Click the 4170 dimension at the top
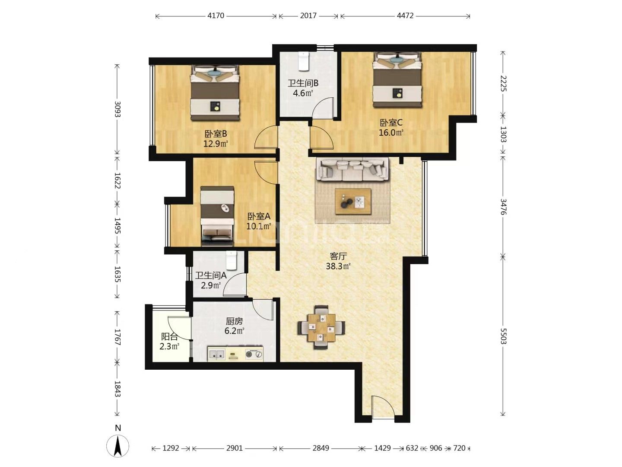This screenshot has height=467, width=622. point(216,16)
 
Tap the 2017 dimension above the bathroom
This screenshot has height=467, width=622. point(308,16)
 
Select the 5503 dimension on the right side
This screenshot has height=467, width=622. point(503,336)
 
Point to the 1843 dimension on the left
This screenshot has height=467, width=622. point(117,389)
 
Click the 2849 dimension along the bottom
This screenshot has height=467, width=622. point(321,448)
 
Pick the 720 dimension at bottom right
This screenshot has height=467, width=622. point(459,448)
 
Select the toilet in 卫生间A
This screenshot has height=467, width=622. point(232,260)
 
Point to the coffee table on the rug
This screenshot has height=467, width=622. point(353,201)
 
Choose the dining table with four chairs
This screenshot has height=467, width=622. point(321,327)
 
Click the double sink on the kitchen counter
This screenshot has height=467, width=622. point(217,354)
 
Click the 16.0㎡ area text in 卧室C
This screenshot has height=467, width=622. point(391,133)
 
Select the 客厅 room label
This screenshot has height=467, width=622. point(338,256)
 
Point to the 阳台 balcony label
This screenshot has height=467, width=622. point(169,336)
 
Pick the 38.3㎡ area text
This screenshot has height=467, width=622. point(338,266)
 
